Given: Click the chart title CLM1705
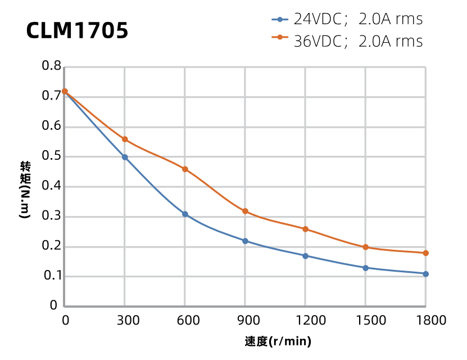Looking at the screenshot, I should click(x=78, y=31).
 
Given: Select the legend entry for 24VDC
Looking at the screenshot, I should click(x=347, y=19).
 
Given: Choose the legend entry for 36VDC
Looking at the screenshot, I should click(x=347, y=40).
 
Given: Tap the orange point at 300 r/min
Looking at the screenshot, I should click(x=125, y=139).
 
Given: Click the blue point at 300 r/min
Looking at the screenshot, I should click(x=125, y=157).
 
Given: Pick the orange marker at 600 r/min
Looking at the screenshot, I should click(x=185, y=169).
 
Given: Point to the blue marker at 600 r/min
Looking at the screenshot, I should click(x=185, y=214).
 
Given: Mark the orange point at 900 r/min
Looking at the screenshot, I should click(x=245, y=211).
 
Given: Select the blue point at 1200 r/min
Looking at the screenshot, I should click(x=305, y=256).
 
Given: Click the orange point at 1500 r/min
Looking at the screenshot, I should click(x=365, y=247).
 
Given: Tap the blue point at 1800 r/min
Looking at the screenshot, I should click(x=425, y=274).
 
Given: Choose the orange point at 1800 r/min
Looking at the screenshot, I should click(x=425, y=253).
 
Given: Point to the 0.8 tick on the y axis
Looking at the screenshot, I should click(x=52, y=66).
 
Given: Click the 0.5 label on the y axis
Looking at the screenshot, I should click(x=52, y=156).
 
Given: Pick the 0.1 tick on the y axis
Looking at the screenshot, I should click(x=52, y=276).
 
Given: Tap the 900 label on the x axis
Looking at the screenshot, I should click(x=245, y=321).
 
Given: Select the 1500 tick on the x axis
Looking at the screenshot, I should click(x=365, y=321).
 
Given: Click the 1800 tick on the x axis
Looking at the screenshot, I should click(x=425, y=321).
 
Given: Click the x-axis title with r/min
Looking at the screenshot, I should click(x=278, y=341).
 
